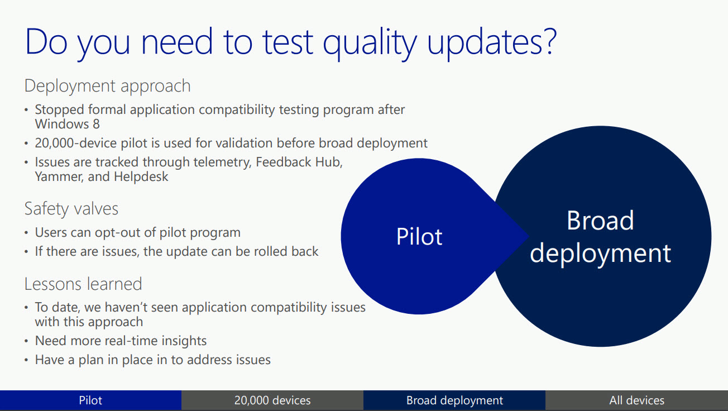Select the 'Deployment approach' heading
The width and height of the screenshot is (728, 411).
point(107,86)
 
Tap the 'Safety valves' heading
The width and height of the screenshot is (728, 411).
point(71,209)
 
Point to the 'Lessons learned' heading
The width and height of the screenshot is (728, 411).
point(83,284)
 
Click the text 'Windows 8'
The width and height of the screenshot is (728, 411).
point(68,124)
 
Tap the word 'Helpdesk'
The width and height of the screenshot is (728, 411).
point(141,177)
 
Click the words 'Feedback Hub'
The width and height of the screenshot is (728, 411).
point(299,162)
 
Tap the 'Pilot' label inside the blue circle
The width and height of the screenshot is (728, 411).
point(419,236)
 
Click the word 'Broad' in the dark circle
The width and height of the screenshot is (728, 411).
point(600,221)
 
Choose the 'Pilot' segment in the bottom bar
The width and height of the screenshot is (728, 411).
point(90,400)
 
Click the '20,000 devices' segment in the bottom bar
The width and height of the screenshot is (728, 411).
point(272,400)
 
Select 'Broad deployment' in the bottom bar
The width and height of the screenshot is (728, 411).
point(454,400)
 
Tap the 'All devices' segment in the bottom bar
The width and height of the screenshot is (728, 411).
point(636,400)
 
